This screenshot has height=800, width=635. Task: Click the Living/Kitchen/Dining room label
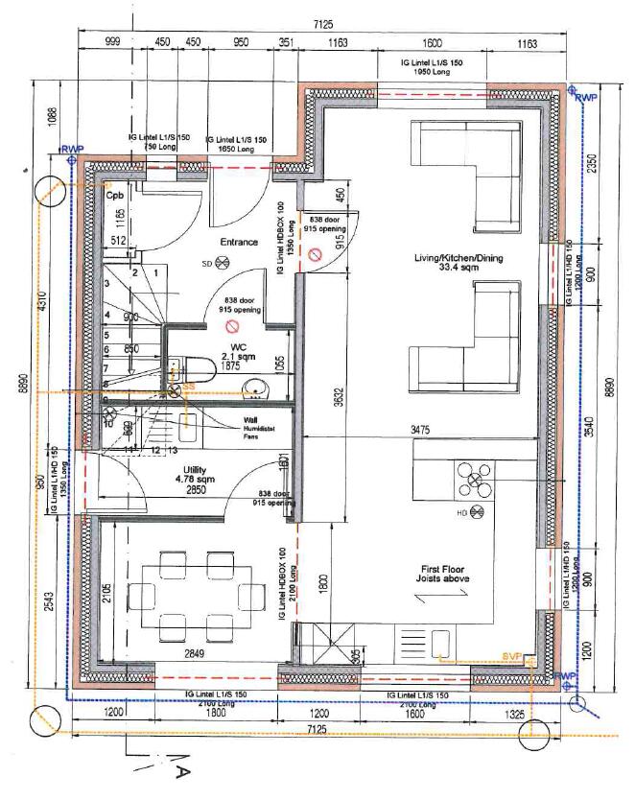(x=459, y=259)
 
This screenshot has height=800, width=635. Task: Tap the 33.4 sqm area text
(x=459, y=271)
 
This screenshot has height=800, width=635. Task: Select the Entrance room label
(x=239, y=242)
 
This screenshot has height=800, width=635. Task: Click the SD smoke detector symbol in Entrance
(x=223, y=263)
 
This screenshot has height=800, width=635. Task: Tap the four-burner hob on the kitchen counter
(x=476, y=478)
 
